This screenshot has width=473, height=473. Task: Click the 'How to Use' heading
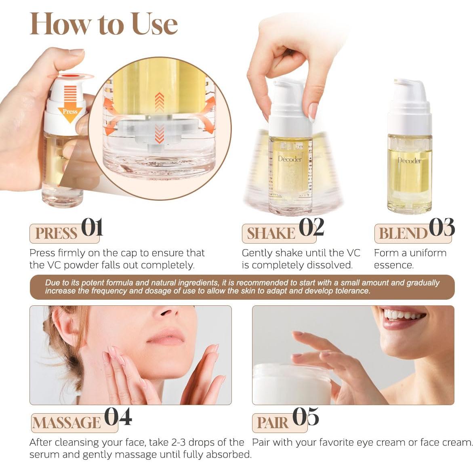103,24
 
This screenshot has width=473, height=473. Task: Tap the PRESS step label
56,233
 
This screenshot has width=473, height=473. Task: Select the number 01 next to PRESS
92,227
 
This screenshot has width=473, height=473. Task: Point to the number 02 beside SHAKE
311,227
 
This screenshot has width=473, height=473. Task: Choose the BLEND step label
402,233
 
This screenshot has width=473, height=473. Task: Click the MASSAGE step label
66,423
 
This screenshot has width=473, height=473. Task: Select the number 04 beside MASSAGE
118,417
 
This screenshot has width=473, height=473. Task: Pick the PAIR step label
273,423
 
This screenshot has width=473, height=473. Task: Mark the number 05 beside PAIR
305,417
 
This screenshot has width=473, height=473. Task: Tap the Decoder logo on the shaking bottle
290,159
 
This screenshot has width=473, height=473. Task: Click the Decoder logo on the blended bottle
409,161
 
